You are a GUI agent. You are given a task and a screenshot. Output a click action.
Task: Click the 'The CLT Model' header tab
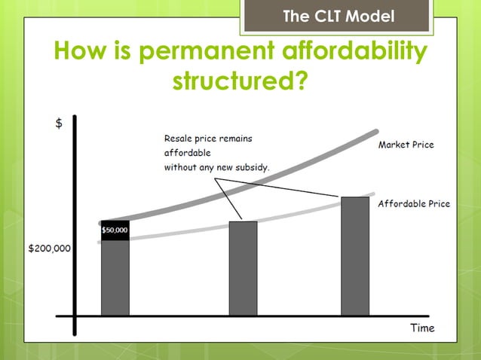(336, 16)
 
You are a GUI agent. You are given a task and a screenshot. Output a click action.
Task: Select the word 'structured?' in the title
(240, 80)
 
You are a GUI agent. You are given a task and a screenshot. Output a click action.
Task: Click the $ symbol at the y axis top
(59, 124)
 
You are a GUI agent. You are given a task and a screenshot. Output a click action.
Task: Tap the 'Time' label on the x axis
(422, 328)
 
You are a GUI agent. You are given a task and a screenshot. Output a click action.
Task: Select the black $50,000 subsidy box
(115, 230)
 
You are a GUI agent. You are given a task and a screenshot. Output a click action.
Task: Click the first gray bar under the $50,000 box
(115, 277)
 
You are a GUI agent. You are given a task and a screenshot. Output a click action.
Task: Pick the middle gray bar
(243, 268)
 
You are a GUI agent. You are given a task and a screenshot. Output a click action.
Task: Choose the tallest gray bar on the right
(354, 256)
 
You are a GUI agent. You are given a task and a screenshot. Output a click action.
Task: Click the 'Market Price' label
(406, 145)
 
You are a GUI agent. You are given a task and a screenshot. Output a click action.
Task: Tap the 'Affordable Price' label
(413, 203)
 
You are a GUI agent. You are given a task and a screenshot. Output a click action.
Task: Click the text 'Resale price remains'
(208, 139)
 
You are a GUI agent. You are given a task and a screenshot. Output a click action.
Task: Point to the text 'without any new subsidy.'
(216, 167)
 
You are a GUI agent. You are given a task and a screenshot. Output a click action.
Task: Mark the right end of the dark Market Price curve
(375, 134)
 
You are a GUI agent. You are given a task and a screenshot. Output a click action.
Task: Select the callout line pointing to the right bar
(279, 188)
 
